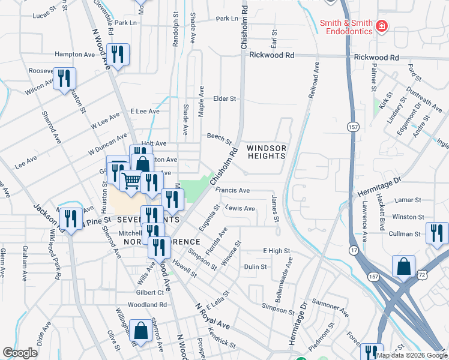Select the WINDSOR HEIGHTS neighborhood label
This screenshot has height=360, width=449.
[x=266, y=152]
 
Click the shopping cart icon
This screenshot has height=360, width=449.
[x=131, y=179]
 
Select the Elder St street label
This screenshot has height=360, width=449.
[x=225, y=98]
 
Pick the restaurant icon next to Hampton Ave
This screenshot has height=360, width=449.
[x=119, y=55]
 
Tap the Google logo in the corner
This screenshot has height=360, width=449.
[x=20, y=353]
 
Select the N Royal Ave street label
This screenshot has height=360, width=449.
[x=212, y=315]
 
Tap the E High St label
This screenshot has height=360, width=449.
[x=276, y=251]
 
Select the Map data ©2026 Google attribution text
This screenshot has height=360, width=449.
[x=412, y=355]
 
